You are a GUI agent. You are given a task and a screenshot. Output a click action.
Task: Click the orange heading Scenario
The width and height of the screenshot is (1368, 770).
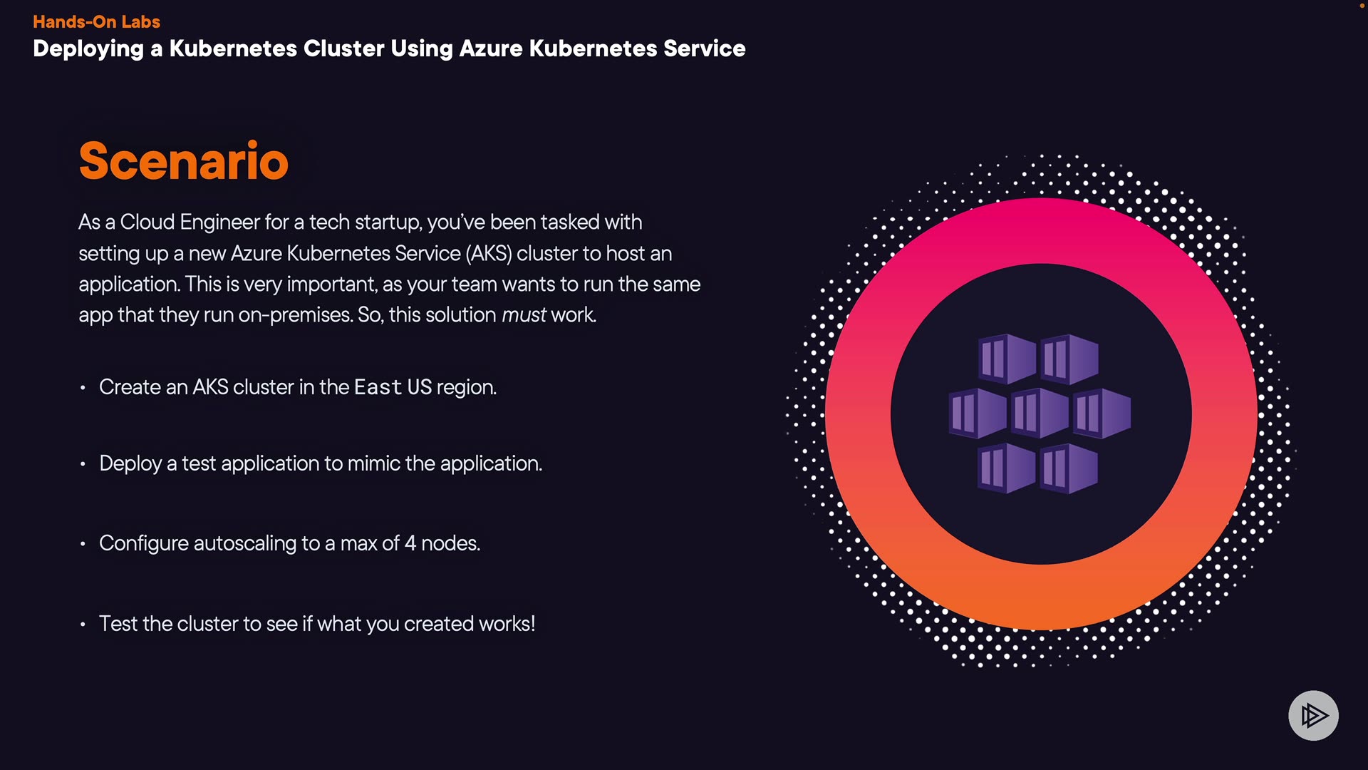click(183, 161)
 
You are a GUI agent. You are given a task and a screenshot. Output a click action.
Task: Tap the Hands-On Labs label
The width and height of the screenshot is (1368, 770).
click(96, 21)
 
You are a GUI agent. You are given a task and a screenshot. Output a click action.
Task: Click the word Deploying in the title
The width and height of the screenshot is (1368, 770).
click(88, 48)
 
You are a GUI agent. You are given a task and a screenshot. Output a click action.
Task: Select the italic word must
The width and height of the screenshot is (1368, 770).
click(524, 314)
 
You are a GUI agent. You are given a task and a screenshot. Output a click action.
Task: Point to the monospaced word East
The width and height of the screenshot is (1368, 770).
click(378, 387)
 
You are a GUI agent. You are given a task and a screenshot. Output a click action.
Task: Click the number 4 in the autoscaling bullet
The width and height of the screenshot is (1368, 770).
click(410, 543)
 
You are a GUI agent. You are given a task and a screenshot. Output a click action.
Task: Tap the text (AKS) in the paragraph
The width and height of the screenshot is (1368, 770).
click(489, 253)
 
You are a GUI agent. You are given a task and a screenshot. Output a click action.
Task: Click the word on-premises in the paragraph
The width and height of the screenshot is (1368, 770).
click(296, 314)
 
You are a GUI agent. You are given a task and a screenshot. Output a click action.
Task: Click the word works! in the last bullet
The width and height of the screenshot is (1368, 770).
click(507, 624)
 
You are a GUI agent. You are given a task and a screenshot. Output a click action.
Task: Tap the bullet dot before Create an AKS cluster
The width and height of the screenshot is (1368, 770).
click(83, 388)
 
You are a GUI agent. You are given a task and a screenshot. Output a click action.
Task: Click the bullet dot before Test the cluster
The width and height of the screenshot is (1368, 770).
click(83, 625)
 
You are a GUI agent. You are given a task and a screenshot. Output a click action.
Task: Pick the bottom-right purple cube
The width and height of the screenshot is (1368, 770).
click(1069, 468)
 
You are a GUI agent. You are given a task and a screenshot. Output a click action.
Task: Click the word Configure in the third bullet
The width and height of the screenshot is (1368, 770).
click(143, 543)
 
